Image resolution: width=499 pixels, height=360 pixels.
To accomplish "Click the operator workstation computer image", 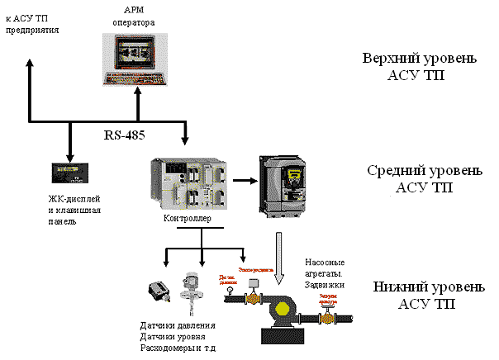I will [135, 59].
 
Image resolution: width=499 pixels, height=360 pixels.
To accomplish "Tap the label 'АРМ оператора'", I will [133, 16].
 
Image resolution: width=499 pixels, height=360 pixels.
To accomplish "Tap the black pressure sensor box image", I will [157, 294].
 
